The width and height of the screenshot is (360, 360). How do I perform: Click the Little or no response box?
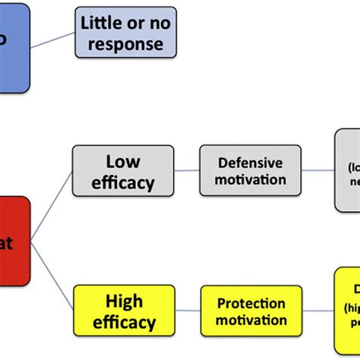point(125,33)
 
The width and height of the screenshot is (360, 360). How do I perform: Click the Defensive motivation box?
point(250,171)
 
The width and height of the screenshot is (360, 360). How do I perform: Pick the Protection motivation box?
point(250,311)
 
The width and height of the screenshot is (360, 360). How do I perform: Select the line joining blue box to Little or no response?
point(52,41)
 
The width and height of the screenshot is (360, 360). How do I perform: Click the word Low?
point(123,161)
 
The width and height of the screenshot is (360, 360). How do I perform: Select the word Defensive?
point(250,163)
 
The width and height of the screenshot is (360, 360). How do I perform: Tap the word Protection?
point(250,302)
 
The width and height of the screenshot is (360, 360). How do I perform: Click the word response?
point(125,43)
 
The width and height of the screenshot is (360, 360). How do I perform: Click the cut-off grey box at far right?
point(347,171)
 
